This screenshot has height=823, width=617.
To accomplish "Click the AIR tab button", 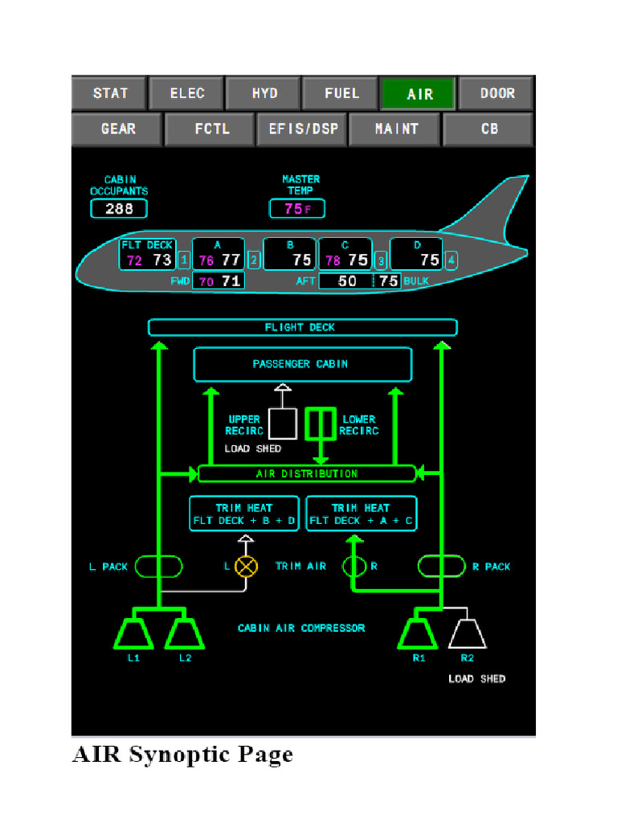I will (418, 93).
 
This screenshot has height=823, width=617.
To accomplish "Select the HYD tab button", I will (264, 93).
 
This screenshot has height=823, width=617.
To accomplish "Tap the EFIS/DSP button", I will (301, 129).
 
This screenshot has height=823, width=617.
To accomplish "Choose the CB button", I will (488, 129).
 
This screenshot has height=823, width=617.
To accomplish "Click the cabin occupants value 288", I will (119, 209).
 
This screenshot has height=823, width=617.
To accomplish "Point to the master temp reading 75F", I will (296, 209).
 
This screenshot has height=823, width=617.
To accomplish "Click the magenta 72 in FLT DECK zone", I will (134, 260).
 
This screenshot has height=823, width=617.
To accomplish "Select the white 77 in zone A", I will (231, 260).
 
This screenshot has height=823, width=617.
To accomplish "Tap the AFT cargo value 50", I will (347, 281).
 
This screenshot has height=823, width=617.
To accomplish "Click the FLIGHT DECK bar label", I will (302, 327).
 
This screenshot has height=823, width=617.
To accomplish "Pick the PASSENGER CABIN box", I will (302, 364).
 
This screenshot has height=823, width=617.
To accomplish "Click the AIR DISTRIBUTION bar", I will (307, 474).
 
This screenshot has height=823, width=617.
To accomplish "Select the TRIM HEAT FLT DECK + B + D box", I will (244, 514).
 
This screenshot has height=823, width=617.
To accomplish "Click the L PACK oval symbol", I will (158, 567).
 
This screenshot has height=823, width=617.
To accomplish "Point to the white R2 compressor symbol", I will (467, 633).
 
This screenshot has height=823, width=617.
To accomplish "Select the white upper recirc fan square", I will (282, 424).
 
